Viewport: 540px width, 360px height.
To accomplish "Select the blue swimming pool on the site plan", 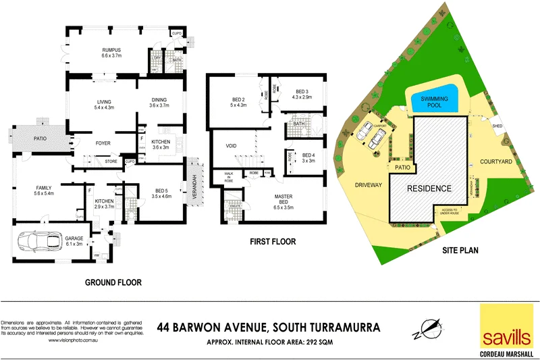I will [435, 102].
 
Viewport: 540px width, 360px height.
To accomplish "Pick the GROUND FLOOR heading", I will [113, 282].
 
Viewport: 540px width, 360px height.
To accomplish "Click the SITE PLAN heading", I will [460, 250].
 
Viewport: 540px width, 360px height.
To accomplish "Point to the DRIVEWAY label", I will [367, 184].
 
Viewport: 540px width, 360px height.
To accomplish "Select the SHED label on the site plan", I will [498, 126].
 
